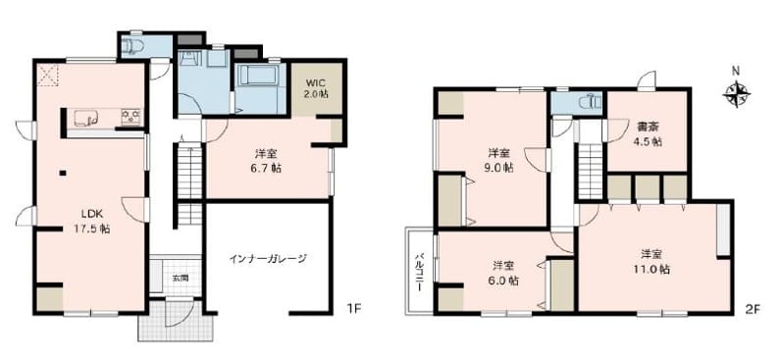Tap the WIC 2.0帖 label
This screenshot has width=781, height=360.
(316, 87)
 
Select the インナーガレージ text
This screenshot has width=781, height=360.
(268, 258)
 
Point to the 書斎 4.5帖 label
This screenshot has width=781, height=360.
(649, 133)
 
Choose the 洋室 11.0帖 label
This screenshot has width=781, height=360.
(651, 261)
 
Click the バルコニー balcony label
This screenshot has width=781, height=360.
(419, 272)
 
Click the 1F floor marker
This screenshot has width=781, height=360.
(353, 309)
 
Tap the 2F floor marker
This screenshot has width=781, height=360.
(753, 309)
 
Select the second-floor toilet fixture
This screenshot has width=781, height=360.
(591, 103)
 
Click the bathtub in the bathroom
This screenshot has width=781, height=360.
(257, 75)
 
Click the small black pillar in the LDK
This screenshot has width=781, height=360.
(62, 173)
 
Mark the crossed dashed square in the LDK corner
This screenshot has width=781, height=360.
(48, 76)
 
